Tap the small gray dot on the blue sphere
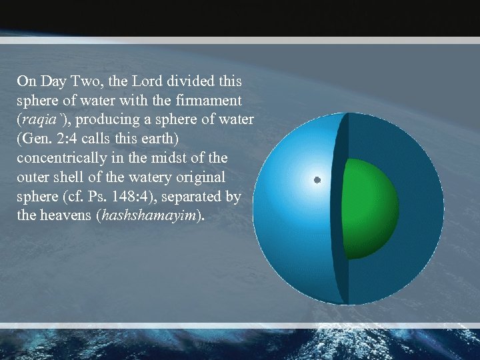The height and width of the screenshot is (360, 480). click(x=317, y=180)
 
